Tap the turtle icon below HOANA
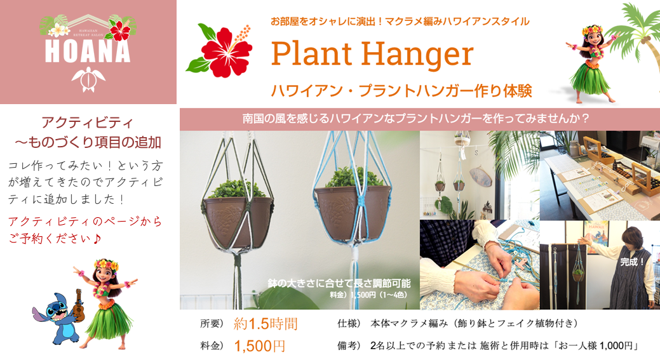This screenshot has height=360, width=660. click(x=88, y=80)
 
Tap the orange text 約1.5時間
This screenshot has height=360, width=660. click(x=265, y=324)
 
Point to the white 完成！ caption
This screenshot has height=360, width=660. click(x=633, y=260)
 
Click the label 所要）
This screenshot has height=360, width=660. click(x=212, y=324)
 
